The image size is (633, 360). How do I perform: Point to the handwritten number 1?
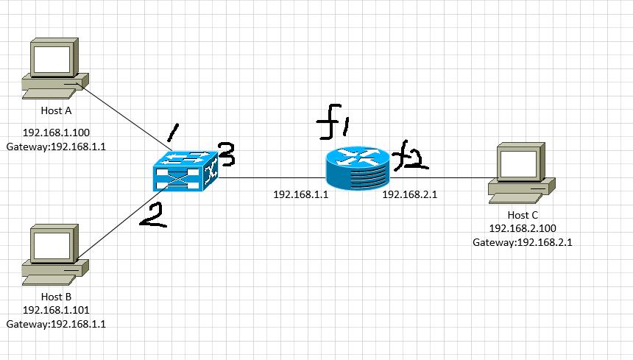click(x=172, y=133)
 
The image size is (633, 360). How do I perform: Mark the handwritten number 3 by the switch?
click(x=227, y=155)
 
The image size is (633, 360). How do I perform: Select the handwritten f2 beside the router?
click(x=410, y=158)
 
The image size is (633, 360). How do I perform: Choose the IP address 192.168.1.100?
click(x=55, y=133)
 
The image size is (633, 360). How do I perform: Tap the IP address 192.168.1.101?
click(x=55, y=310)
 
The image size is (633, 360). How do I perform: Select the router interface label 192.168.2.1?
click(x=411, y=194)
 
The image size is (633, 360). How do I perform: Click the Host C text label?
click(x=518, y=215)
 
